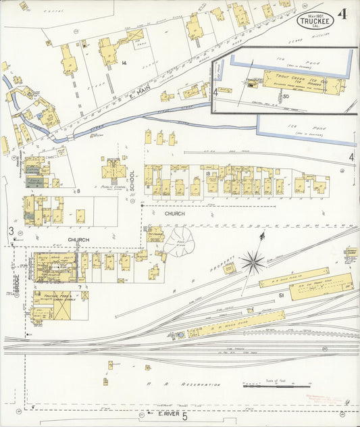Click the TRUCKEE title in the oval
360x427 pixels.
(x=315, y=20)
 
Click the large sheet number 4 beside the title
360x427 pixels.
(x=342, y=14)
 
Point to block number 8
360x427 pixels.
(x=78, y=191)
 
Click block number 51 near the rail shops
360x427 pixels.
(x=280, y=295)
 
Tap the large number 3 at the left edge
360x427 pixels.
(x=11, y=231)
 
